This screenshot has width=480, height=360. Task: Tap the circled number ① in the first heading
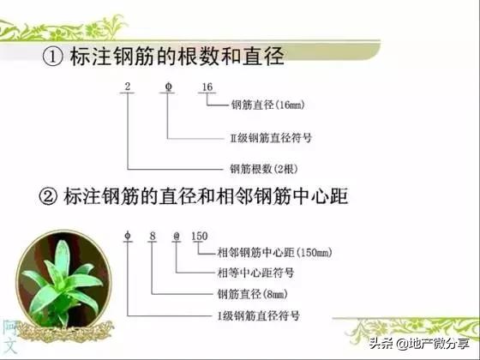52,58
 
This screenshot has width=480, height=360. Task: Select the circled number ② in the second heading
49,197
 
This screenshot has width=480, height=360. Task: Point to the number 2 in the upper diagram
127,87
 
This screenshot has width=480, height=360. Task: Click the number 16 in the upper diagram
207,87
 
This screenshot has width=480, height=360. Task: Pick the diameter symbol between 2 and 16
166,87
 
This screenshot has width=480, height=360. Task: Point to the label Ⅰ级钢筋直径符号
258,315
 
